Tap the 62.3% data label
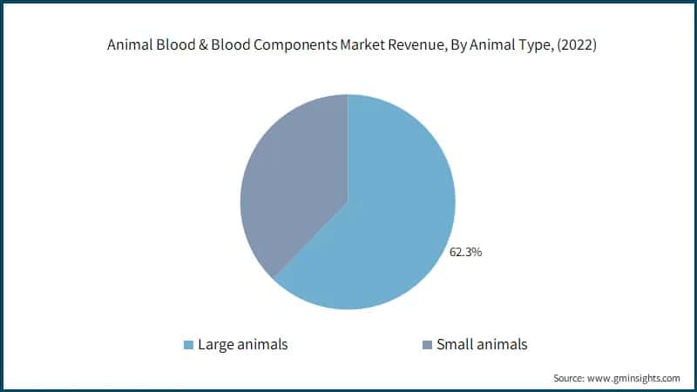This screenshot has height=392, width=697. (465, 253)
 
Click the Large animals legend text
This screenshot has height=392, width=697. (243, 344)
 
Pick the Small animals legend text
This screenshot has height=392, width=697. (482, 344)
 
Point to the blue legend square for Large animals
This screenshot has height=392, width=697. (187, 345)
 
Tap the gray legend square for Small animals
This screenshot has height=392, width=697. (426, 345)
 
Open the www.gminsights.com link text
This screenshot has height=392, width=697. (635, 378)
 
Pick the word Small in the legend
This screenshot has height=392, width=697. (457, 344)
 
